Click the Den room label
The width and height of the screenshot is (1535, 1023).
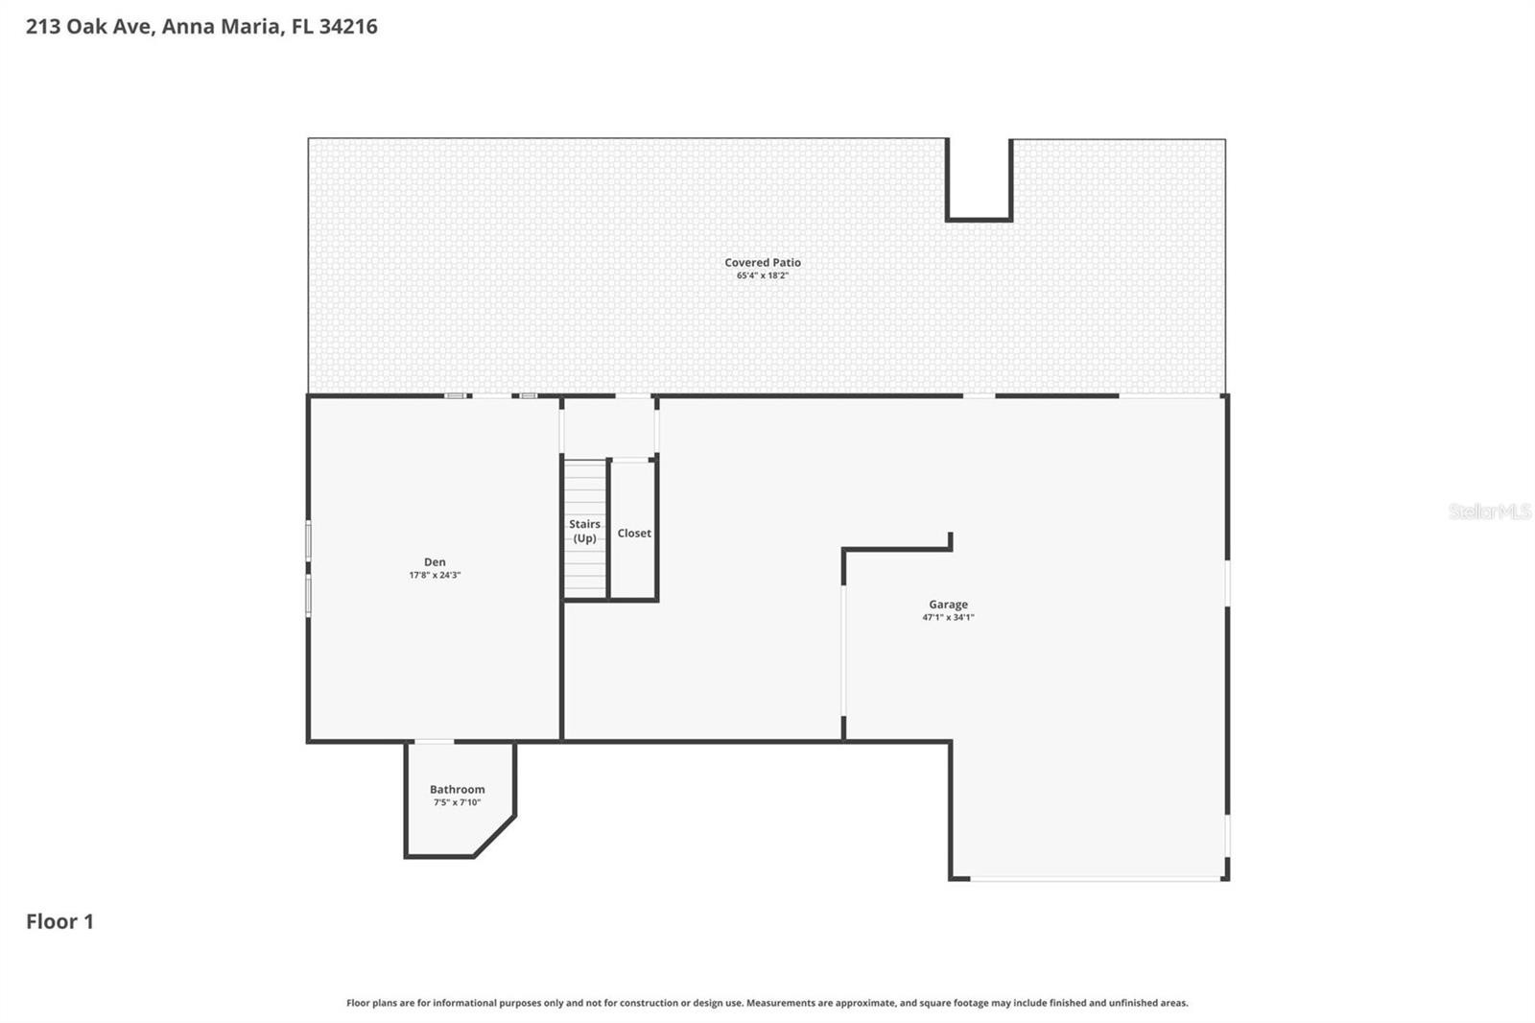435,561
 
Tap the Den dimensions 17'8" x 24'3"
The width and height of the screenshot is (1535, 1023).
435,575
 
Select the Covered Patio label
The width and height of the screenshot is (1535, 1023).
763,262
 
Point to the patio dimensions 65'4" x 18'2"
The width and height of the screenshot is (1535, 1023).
763,275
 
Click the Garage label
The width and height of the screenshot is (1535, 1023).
949,604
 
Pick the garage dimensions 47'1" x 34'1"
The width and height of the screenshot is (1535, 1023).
949,617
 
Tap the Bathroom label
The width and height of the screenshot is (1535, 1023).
457,789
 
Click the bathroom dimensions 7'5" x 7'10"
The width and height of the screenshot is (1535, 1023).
457,802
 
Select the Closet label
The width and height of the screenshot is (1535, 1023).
634,533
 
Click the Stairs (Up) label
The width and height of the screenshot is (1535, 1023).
584,531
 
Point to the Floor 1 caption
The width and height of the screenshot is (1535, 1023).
59,921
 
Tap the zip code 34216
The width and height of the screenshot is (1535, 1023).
348,26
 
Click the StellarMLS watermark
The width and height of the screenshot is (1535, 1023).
1490,511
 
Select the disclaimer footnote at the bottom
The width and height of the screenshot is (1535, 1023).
767,1003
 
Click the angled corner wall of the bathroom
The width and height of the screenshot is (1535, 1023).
494,836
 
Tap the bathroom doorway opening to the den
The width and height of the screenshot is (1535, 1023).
435,741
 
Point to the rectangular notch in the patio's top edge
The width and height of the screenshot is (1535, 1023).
980,179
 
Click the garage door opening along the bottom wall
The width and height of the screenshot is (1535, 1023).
1097,878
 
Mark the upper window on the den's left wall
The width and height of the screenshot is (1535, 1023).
308,540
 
